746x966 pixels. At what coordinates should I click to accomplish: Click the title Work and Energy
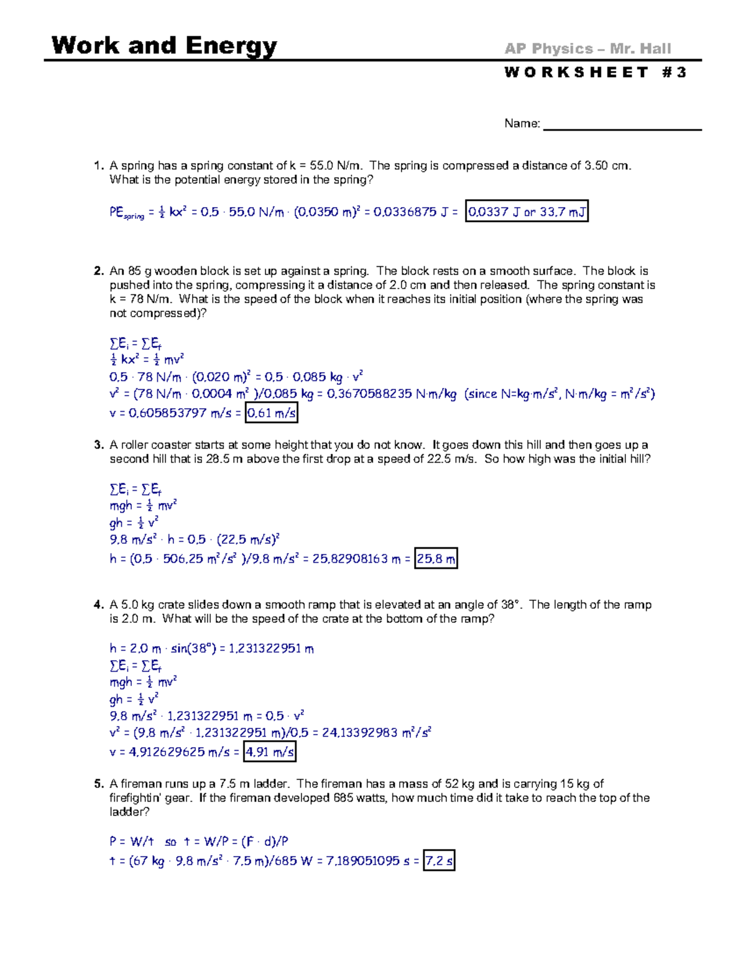click(x=164, y=46)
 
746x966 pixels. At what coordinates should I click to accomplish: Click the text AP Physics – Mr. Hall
click(x=587, y=49)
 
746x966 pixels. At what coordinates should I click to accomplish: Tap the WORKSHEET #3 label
click(x=595, y=73)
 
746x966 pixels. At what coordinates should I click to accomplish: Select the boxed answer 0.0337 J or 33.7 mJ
click(x=527, y=212)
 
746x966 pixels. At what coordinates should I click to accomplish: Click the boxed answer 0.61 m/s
click(x=272, y=413)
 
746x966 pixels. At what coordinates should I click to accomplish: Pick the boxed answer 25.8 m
click(x=436, y=559)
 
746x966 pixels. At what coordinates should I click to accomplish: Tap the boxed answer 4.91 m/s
click(x=270, y=752)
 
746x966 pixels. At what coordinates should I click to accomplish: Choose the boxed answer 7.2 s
click(x=439, y=862)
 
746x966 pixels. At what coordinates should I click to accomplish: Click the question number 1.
click(x=98, y=165)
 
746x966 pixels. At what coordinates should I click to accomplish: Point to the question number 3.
click(x=98, y=445)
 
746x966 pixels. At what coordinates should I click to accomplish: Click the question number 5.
click(x=98, y=784)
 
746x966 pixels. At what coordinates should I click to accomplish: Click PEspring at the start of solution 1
click(x=126, y=213)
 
